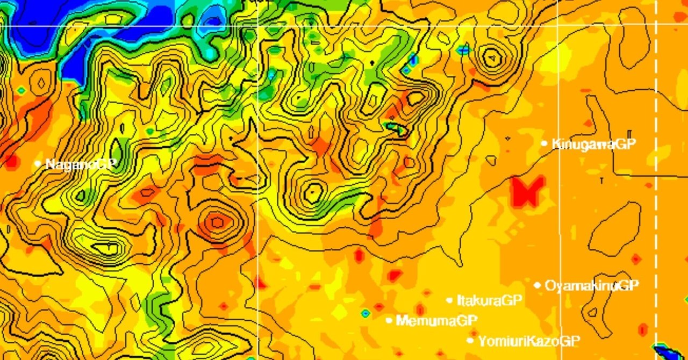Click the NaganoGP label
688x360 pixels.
point(81,164)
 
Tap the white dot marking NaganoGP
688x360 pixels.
point(38,163)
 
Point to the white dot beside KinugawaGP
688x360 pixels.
point(544,143)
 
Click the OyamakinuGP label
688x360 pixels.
point(592,286)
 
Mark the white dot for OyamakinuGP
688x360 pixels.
point(537,285)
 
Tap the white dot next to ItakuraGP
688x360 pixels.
point(449,300)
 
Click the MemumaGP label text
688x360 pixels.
point(436,321)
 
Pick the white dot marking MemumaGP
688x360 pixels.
point(389,320)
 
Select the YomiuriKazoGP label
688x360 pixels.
point(529,341)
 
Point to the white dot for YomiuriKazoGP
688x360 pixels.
point(470,340)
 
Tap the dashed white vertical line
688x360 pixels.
point(656,161)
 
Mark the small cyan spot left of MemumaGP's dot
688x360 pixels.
point(365,313)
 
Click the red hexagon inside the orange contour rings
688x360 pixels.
point(217,221)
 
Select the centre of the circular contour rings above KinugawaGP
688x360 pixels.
point(491,56)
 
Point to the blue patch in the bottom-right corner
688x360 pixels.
point(670,352)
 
